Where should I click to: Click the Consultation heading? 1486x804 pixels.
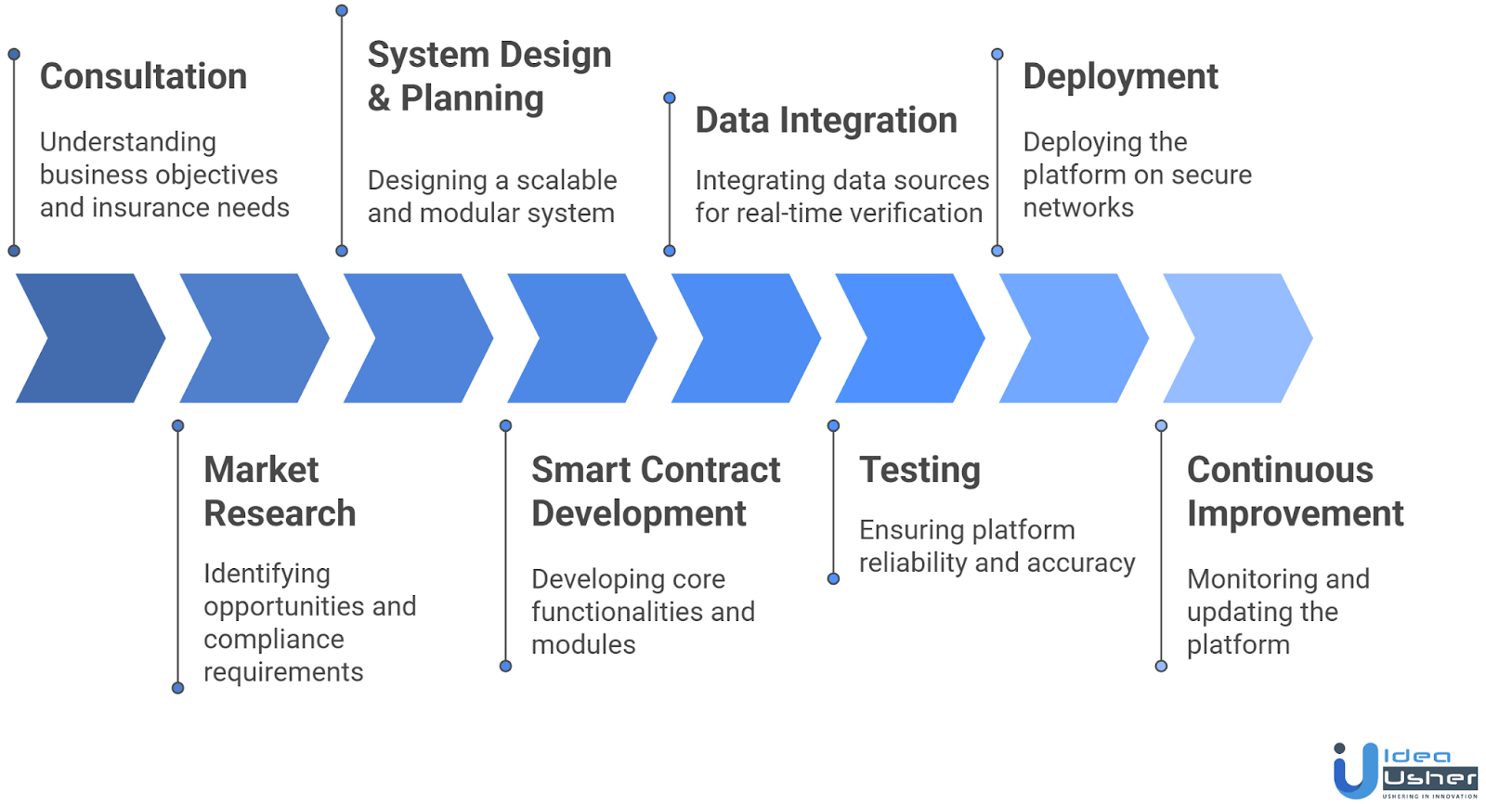click(143, 76)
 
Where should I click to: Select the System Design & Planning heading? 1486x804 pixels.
click(489, 76)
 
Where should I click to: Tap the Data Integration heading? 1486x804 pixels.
click(826, 120)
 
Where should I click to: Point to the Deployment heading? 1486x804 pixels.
click(1120, 76)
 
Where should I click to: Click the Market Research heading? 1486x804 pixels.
click(279, 491)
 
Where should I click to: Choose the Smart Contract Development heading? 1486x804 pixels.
click(655, 491)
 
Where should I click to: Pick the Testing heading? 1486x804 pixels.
click(919, 470)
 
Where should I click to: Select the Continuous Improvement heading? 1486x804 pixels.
click(1295, 491)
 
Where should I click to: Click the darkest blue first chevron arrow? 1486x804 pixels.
click(90, 338)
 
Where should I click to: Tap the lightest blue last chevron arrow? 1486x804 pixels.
click(1237, 338)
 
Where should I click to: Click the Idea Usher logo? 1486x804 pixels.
click(1404, 771)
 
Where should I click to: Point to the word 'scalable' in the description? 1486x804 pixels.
click(567, 180)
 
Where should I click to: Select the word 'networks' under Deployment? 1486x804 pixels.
click(1078, 207)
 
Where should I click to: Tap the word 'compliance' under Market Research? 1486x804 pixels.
click(273, 639)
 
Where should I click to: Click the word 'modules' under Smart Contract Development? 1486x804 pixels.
click(583, 644)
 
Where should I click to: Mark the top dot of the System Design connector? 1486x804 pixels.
click(342, 10)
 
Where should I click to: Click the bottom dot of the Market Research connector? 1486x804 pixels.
click(177, 688)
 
